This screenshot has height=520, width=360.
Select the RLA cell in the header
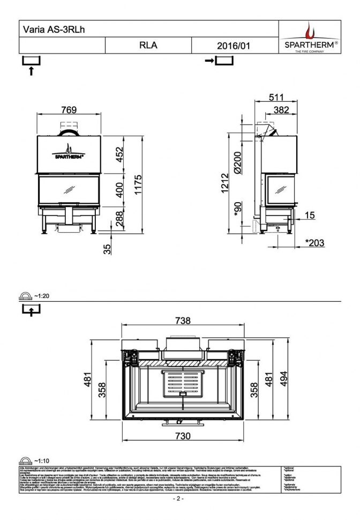point(148,46)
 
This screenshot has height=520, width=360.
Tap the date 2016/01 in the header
point(234,46)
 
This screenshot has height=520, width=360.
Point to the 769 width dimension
point(69,110)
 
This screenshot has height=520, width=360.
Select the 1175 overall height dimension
point(138,185)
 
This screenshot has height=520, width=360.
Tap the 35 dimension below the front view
point(107,248)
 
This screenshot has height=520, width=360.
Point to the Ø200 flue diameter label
point(237,161)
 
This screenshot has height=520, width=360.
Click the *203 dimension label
point(314,243)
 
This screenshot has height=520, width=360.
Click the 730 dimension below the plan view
point(183,436)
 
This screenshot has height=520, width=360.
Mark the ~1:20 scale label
point(41,295)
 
